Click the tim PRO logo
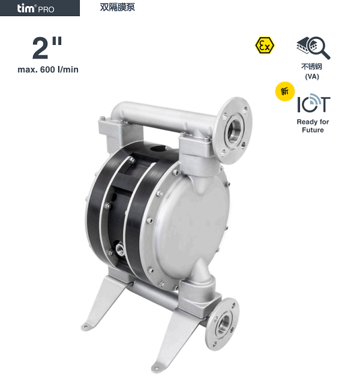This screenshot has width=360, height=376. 35,8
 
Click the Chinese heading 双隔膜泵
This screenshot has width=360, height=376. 118,7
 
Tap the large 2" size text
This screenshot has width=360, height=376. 47,48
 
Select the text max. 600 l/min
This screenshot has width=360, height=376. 48,70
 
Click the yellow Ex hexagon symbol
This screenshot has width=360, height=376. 265,45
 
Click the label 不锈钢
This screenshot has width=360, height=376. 312,66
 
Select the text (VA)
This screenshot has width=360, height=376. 312,77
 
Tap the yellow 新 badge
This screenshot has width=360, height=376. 285,91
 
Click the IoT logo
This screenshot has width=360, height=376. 314,103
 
